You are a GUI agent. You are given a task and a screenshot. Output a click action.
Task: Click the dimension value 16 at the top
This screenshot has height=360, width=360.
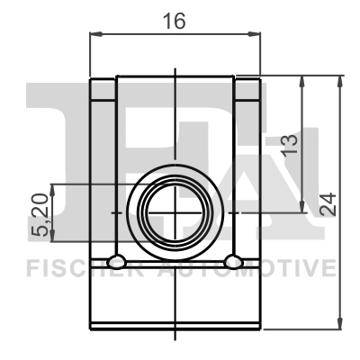(x=174, y=21)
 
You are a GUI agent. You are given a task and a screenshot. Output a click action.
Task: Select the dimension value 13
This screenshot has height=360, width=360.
(x=289, y=146)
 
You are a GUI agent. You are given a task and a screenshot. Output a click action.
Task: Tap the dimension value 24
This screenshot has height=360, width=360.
(x=328, y=204)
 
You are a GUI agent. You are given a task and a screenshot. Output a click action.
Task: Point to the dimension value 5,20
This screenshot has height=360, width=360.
(x=40, y=215)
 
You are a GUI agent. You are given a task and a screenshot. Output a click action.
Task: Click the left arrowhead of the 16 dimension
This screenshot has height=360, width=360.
(x=96, y=34)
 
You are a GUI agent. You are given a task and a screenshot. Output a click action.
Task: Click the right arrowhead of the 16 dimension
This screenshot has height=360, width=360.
(x=254, y=34)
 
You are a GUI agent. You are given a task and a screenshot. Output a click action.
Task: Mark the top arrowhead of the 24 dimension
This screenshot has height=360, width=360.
(x=339, y=82)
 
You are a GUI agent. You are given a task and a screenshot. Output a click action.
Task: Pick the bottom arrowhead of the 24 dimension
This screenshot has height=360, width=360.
(x=339, y=323)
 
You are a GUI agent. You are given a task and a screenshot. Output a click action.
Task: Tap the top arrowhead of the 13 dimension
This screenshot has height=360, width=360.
(x=302, y=82)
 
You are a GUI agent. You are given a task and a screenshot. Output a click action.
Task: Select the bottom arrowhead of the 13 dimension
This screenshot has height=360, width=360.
(x=302, y=206)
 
